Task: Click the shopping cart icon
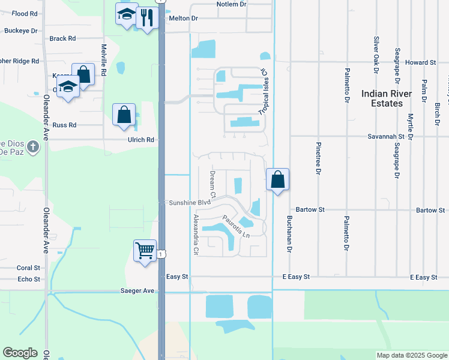pos(145,251)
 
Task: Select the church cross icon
pos(33,146)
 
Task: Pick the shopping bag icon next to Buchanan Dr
pos(278,179)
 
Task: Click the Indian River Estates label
pos(387,98)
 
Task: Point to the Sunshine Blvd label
pos(189,203)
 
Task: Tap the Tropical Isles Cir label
pos(264,92)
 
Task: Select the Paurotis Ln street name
pos(235,227)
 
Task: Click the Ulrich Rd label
pos(141,140)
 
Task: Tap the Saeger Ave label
pos(137,291)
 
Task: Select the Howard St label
pos(420,62)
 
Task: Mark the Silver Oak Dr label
pos(376,55)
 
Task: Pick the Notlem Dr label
pos(232,4)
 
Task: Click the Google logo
pos(20,353)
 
